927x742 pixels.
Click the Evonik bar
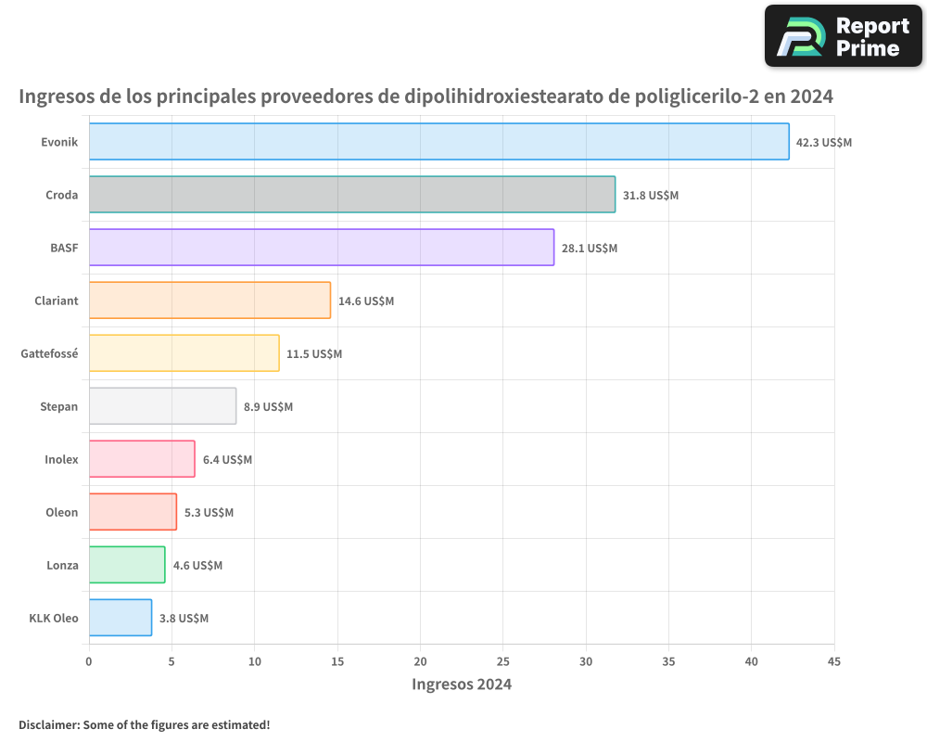[438, 142]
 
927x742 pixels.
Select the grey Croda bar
[351, 195]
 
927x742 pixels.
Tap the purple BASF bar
[321, 248]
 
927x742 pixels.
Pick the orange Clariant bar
[210, 301]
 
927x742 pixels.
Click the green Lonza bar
[127, 565]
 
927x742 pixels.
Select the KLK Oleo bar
[121, 618]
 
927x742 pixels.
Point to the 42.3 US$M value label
[824, 143]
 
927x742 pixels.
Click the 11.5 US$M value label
[314, 354]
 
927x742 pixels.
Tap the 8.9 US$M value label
[268, 407]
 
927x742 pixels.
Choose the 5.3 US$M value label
[209, 513]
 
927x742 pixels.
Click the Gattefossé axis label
[49, 354]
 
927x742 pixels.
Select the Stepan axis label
[59, 407]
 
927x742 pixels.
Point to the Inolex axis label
[61, 460]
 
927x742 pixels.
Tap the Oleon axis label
[62, 513]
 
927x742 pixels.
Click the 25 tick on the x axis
[502, 661]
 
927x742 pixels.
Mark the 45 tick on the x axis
[834, 661]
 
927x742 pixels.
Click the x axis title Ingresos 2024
[462, 684]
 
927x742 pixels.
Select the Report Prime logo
[844, 36]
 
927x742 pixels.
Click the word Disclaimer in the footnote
[48, 724]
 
